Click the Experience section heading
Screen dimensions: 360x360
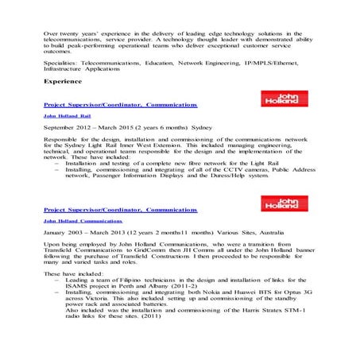63,82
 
